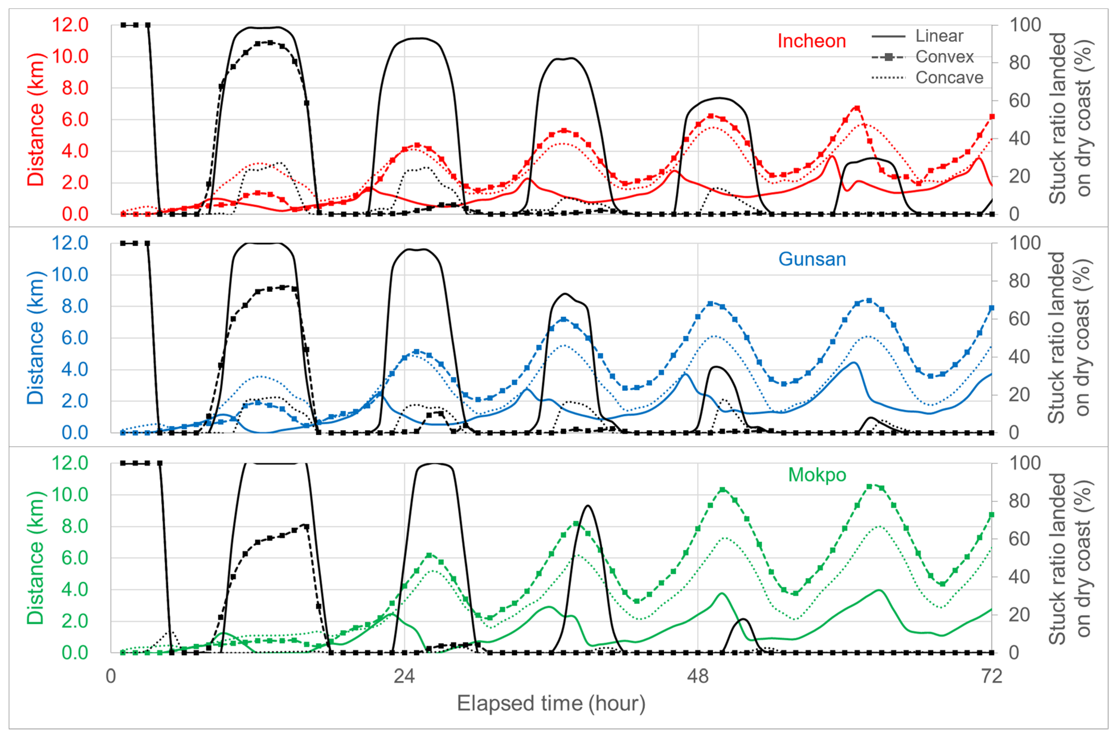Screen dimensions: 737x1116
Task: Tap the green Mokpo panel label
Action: (x=817, y=475)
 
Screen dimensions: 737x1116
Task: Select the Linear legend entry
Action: (x=939, y=36)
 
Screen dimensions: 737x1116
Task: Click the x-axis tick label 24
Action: (x=404, y=676)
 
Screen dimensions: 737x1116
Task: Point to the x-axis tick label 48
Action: (x=698, y=676)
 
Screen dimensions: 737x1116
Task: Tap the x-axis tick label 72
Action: (x=991, y=676)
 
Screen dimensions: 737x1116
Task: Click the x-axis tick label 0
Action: (x=111, y=676)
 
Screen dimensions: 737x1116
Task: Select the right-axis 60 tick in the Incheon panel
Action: (x=1019, y=101)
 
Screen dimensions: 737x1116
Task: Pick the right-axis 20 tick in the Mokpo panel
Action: (x=1019, y=614)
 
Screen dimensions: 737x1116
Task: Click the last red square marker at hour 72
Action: (x=992, y=117)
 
